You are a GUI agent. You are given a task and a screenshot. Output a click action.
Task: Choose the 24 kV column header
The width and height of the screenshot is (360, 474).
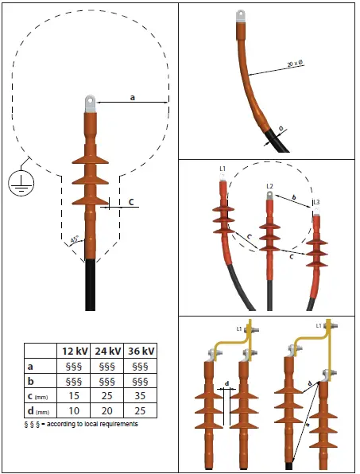pyautogui.click(x=106, y=352)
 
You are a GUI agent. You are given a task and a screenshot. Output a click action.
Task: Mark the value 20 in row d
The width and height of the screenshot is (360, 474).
pyautogui.click(x=106, y=412)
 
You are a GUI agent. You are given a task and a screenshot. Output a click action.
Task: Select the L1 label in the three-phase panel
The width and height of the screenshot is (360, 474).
pyautogui.click(x=223, y=169)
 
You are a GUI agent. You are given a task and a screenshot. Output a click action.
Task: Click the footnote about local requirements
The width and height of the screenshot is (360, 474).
pyautogui.click(x=81, y=425)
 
